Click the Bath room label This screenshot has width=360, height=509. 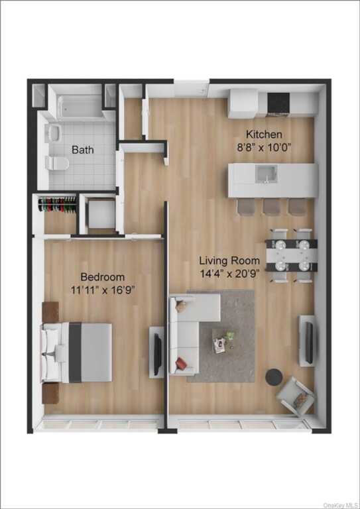click(x=83, y=150)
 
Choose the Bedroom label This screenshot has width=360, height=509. click(x=103, y=276)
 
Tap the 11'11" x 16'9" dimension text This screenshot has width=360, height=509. click(x=103, y=290)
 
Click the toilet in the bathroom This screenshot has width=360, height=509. click(x=57, y=162)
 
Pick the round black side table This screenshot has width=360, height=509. click(x=274, y=377)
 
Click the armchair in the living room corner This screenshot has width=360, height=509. click(x=296, y=396)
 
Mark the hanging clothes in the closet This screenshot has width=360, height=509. click(x=57, y=203)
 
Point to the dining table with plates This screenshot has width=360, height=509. click(x=290, y=254)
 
